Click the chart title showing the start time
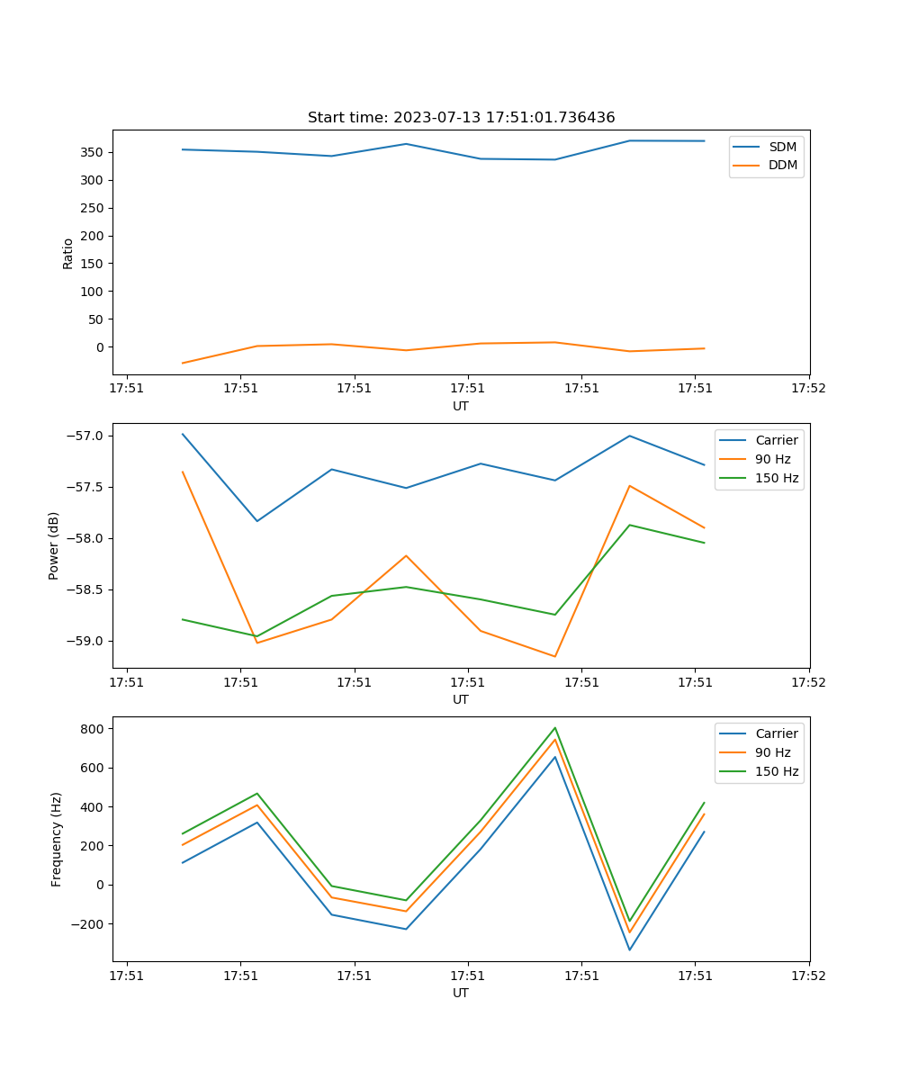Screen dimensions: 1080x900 [x=461, y=118]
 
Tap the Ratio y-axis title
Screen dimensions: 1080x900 [x=68, y=253]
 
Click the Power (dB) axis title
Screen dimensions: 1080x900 [x=54, y=545]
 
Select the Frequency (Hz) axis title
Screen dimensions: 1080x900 [x=57, y=839]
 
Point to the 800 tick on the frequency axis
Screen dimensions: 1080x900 [x=94, y=728]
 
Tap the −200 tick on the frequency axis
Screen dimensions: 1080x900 [x=89, y=923]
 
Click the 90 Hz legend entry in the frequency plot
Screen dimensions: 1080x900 [x=773, y=752]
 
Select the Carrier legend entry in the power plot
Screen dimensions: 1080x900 [x=776, y=440]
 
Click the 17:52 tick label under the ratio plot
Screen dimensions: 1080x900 [x=808, y=390]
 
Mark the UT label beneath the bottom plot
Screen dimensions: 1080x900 [x=461, y=993]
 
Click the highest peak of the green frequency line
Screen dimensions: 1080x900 [x=555, y=728]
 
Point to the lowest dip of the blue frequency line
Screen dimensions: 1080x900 [x=629, y=949]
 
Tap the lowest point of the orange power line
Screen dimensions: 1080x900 [x=555, y=656]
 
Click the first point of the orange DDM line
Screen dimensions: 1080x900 [x=183, y=363]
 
